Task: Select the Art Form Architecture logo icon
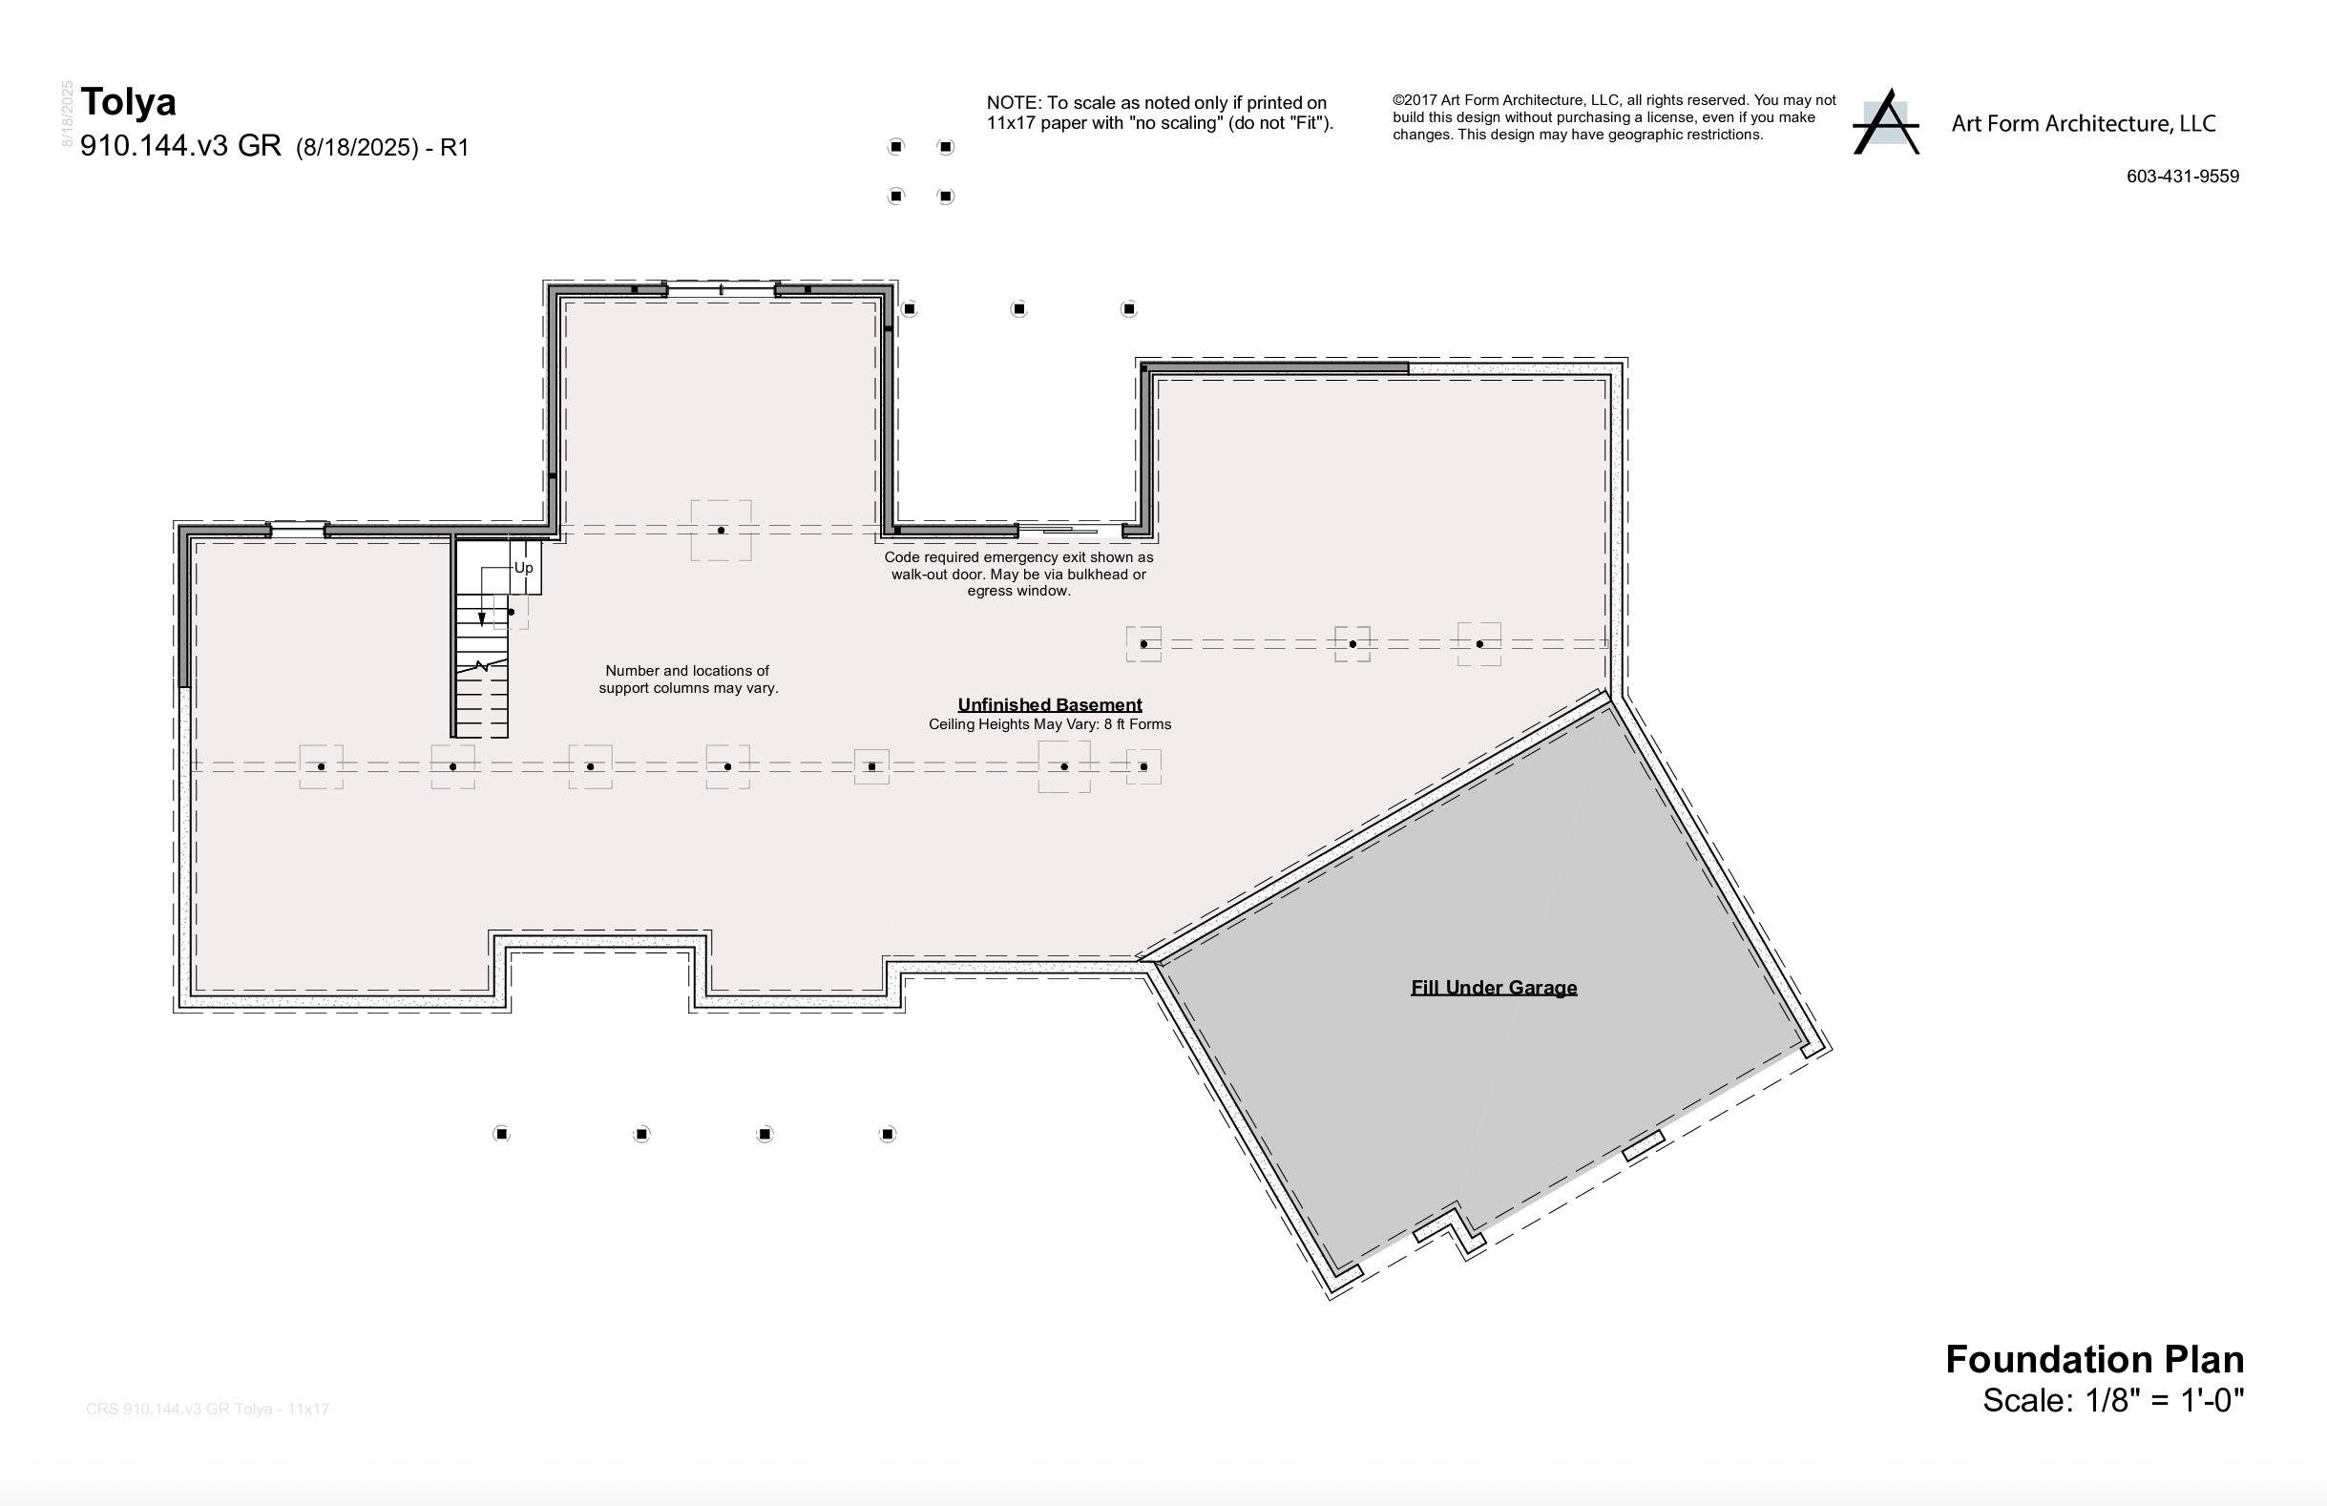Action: pos(1885,123)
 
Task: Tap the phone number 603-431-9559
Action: pos(2182,177)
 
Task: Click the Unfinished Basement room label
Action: pos(1049,705)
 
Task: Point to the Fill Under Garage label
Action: pos(1493,988)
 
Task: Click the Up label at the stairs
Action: pos(524,568)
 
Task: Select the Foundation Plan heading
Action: pos(2094,1360)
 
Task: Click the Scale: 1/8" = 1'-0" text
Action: pos(2113,1401)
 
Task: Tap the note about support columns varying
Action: pos(687,680)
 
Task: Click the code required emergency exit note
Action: pos(1017,574)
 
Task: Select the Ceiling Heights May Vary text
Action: pos(1049,724)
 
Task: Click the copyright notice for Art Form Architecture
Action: pos(1613,117)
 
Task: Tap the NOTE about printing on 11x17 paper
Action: pos(1159,113)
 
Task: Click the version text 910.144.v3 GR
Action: pos(181,147)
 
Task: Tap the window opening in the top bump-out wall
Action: pos(721,289)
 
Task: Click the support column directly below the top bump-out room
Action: pos(721,530)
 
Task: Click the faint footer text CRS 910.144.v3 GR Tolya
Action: pos(207,1410)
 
